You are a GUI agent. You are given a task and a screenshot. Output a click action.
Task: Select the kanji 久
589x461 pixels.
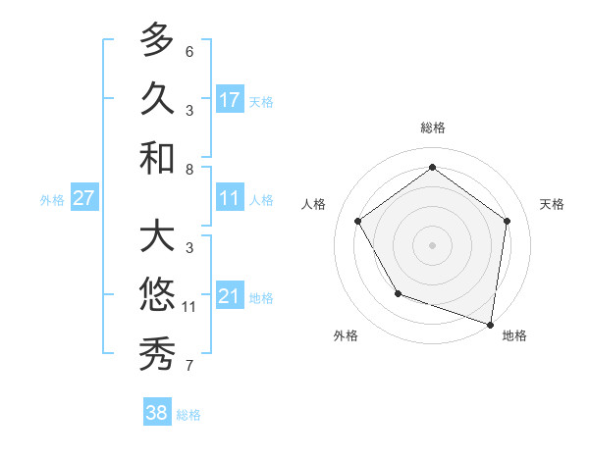[x=157, y=99]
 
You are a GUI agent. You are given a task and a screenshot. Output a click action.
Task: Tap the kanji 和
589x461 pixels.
[x=157, y=158]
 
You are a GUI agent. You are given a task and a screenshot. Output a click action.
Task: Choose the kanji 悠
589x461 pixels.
[x=157, y=295]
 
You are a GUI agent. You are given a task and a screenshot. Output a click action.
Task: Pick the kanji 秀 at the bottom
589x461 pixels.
[x=157, y=354]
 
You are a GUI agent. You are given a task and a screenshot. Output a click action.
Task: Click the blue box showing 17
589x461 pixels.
[x=230, y=99]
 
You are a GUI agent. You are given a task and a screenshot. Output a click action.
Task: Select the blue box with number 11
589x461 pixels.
[x=230, y=198]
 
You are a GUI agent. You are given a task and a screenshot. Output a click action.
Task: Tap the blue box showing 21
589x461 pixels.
[x=230, y=296]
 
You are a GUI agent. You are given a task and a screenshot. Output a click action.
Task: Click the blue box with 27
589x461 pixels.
[x=83, y=198]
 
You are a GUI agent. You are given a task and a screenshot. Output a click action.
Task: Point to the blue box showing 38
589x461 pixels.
[x=157, y=413]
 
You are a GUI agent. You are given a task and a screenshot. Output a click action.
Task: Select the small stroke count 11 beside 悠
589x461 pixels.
[x=189, y=307]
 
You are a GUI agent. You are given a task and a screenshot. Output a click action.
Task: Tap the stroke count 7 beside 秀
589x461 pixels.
[x=189, y=366]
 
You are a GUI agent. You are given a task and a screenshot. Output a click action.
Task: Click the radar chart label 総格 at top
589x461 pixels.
[x=432, y=128]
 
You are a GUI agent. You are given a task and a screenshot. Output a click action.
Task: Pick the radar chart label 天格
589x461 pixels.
[x=552, y=204]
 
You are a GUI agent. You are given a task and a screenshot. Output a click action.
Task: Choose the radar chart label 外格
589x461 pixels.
[x=346, y=335]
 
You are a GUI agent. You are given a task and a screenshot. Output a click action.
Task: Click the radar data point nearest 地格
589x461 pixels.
[x=490, y=324]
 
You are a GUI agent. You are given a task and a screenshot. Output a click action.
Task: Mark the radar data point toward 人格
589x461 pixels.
[x=357, y=221]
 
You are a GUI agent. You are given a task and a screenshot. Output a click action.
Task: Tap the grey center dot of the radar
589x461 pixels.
[x=432, y=244]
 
